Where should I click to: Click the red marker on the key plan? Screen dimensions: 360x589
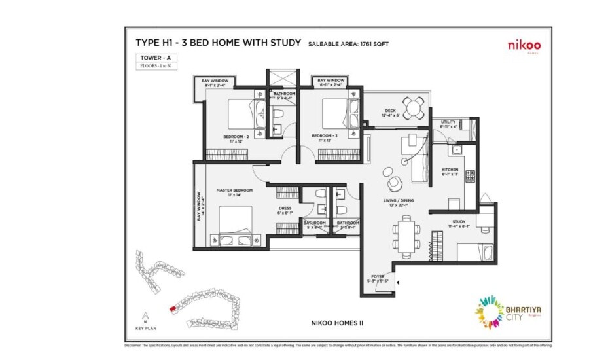173,306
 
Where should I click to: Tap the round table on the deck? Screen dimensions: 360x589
412,107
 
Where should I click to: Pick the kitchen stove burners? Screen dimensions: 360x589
470,175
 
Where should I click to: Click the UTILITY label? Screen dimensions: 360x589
448,122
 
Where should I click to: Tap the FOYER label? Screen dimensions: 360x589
379,277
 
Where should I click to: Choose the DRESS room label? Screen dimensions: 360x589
285,208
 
